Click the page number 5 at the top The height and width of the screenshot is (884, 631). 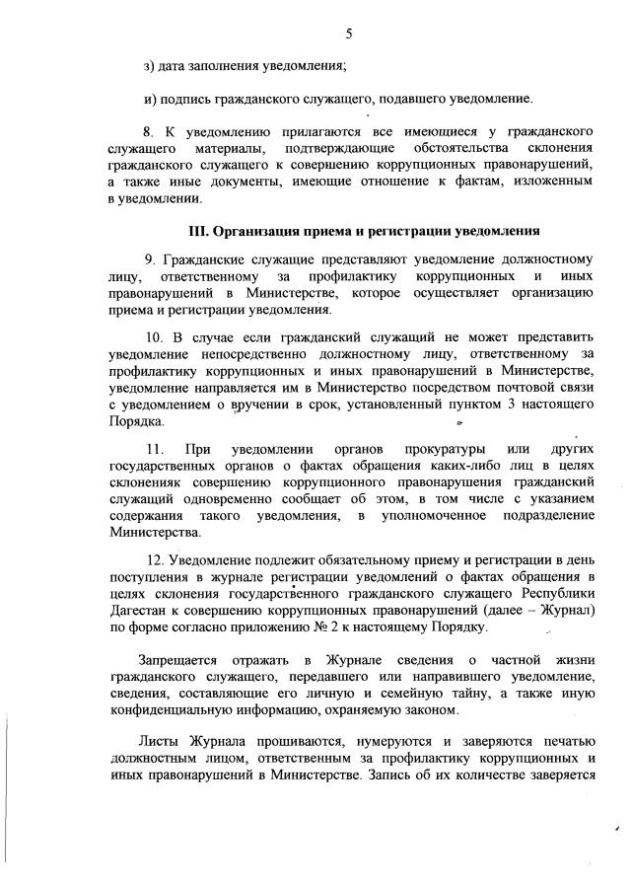349,35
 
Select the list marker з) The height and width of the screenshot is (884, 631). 150,66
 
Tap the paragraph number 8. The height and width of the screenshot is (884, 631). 150,131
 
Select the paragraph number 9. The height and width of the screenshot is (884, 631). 150,258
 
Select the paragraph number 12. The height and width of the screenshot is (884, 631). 154,559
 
